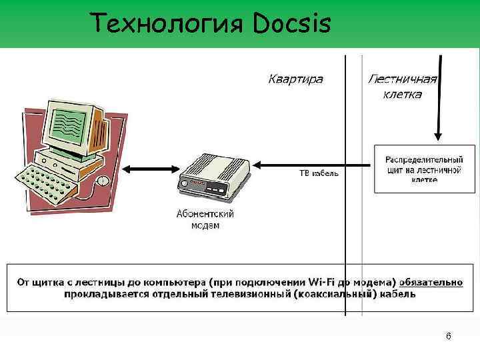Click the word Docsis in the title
[x=292, y=23]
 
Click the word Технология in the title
[x=169, y=23]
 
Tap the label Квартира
[x=295, y=79]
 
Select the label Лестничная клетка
[x=402, y=87]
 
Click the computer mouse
[x=102, y=181]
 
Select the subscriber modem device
[x=213, y=177]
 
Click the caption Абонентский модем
[x=205, y=220]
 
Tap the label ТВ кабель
[x=318, y=173]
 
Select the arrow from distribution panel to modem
[x=313, y=163]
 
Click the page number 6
[x=448, y=336]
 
